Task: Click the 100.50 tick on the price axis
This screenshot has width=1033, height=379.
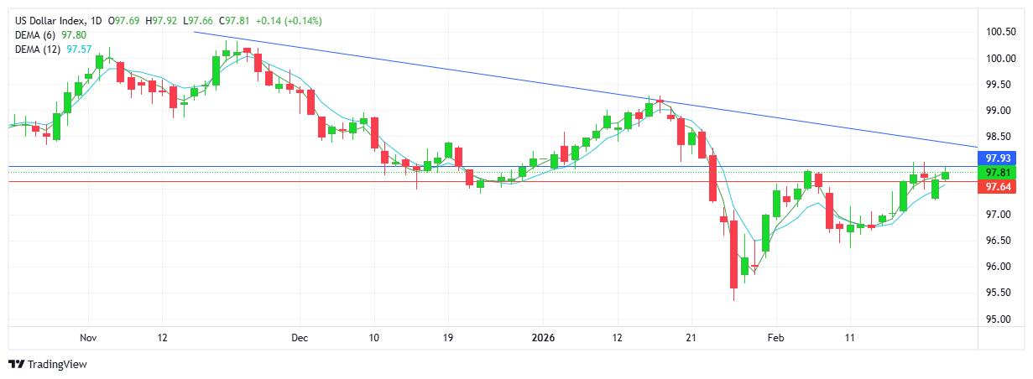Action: click(1000, 32)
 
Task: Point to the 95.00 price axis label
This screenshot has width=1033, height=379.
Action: click(1000, 319)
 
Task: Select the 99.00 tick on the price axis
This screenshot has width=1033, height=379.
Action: click(1000, 110)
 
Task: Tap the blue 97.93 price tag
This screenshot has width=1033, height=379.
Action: click(1000, 158)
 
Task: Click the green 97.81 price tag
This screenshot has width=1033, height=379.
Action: click(1000, 172)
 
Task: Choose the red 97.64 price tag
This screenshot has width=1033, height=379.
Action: click(1000, 186)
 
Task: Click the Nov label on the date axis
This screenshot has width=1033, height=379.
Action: click(89, 338)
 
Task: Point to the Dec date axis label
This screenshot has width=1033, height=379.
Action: click(300, 338)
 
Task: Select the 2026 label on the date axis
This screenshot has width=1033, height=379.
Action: click(544, 338)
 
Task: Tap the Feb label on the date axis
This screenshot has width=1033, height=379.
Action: click(775, 338)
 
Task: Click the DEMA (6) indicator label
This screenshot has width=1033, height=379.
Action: click(34, 34)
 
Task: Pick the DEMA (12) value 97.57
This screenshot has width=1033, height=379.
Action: click(80, 49)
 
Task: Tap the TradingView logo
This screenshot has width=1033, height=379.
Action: click(48, 364)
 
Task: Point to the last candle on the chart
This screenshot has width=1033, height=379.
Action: click(946, 174)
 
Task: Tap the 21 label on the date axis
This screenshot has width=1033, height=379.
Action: click(690, 338)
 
